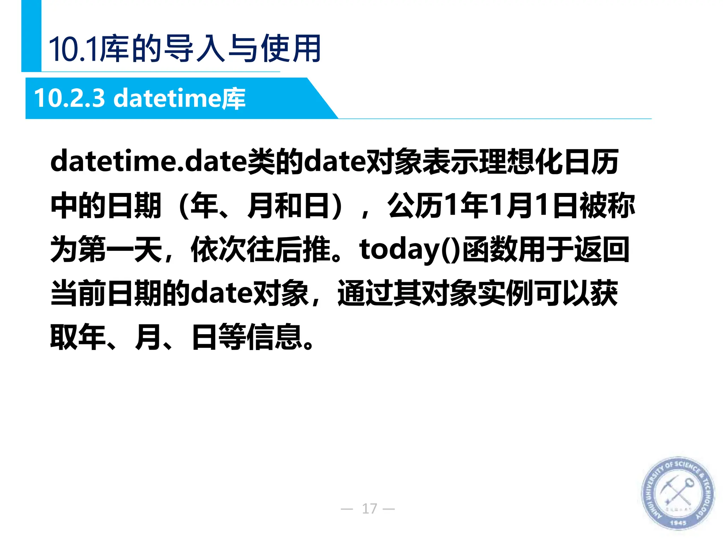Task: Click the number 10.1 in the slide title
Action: (73, 49)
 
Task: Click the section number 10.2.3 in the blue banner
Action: (70, 98)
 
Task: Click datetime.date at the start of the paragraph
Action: (148, 162)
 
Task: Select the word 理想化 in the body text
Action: (521, 162)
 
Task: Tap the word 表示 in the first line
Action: (450, 162)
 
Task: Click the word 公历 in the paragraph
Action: (415, 206)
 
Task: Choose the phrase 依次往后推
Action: (260, 249)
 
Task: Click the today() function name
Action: (410, 249)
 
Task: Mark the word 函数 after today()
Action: (490, 249)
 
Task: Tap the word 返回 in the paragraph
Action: (602, 249)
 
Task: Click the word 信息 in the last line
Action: (274, 337)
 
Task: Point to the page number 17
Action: (369, 508)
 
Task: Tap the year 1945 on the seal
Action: (678, 522)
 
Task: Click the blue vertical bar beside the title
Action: (31, 35)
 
